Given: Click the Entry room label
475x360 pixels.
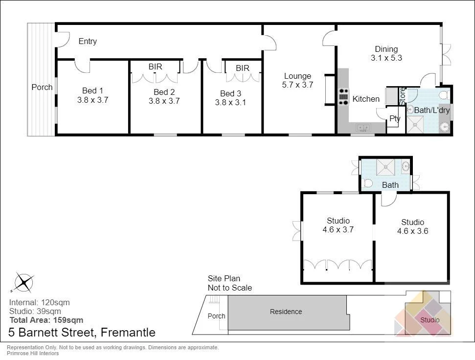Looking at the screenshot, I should (88, 42).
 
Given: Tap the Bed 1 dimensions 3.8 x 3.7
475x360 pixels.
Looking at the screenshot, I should (92, 100).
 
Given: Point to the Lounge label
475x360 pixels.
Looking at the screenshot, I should (297, 76).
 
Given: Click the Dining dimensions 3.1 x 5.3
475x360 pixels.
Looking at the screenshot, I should (386, 58).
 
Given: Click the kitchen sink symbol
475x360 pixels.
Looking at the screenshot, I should (363, 128).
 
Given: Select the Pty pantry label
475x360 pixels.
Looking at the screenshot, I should (395, 118).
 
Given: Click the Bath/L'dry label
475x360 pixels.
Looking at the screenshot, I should (431, 111).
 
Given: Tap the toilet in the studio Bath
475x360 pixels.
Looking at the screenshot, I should (368, 183).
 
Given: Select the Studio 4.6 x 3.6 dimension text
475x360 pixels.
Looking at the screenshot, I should (412, 231).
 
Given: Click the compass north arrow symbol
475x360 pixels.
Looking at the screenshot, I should (23, 283).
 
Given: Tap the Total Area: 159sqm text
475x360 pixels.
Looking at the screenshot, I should (46, 320).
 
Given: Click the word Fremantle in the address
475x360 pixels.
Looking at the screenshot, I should (128, 333).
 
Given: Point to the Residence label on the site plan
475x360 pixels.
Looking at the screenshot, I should (286, 312).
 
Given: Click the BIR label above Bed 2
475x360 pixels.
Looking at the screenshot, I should (155, 67).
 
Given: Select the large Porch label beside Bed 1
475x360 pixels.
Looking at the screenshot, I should (42, 87).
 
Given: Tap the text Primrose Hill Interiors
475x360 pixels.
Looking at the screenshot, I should (32, 353).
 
